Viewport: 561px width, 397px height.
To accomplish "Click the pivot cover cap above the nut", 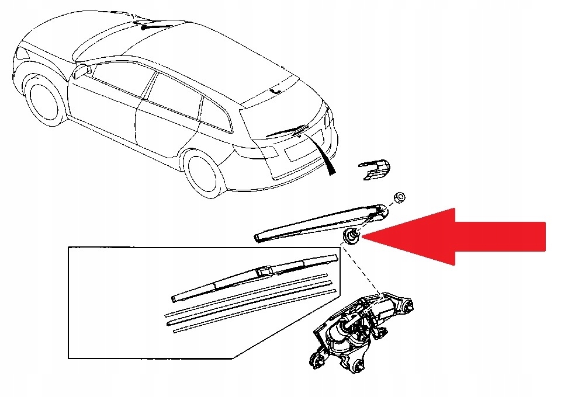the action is pos(375,168).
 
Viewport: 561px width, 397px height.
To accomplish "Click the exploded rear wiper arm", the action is pos(318,222).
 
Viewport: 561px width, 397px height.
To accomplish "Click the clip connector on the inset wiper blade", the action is pos(266,270).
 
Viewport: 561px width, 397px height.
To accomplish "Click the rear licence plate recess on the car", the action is pos(292,153).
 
